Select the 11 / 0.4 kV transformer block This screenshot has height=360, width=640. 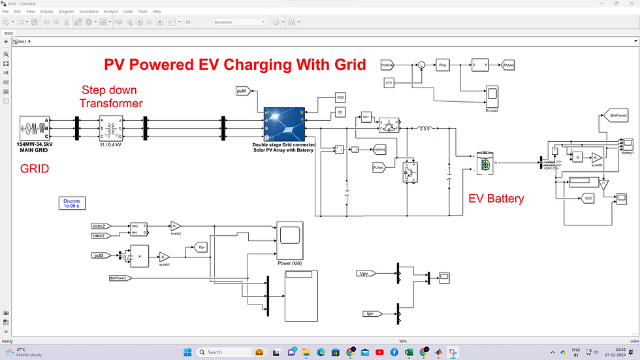[x=110, y=128]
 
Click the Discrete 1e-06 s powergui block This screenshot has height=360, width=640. [x=71, y=203]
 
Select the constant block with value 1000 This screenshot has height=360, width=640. [x=340, y=97]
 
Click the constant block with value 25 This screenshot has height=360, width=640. [x=340, y=113]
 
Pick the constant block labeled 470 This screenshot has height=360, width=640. [x=389, y=83]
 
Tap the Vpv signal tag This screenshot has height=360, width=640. [x=370, y=273]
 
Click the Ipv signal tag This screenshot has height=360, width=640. [x=370, y=314]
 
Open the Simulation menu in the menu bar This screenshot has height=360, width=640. [x=88, y=11]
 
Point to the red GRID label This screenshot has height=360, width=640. [x=35, y=169]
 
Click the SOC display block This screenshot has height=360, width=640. [x=588, y=197]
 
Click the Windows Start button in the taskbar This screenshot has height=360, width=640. [x=187, y=352]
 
